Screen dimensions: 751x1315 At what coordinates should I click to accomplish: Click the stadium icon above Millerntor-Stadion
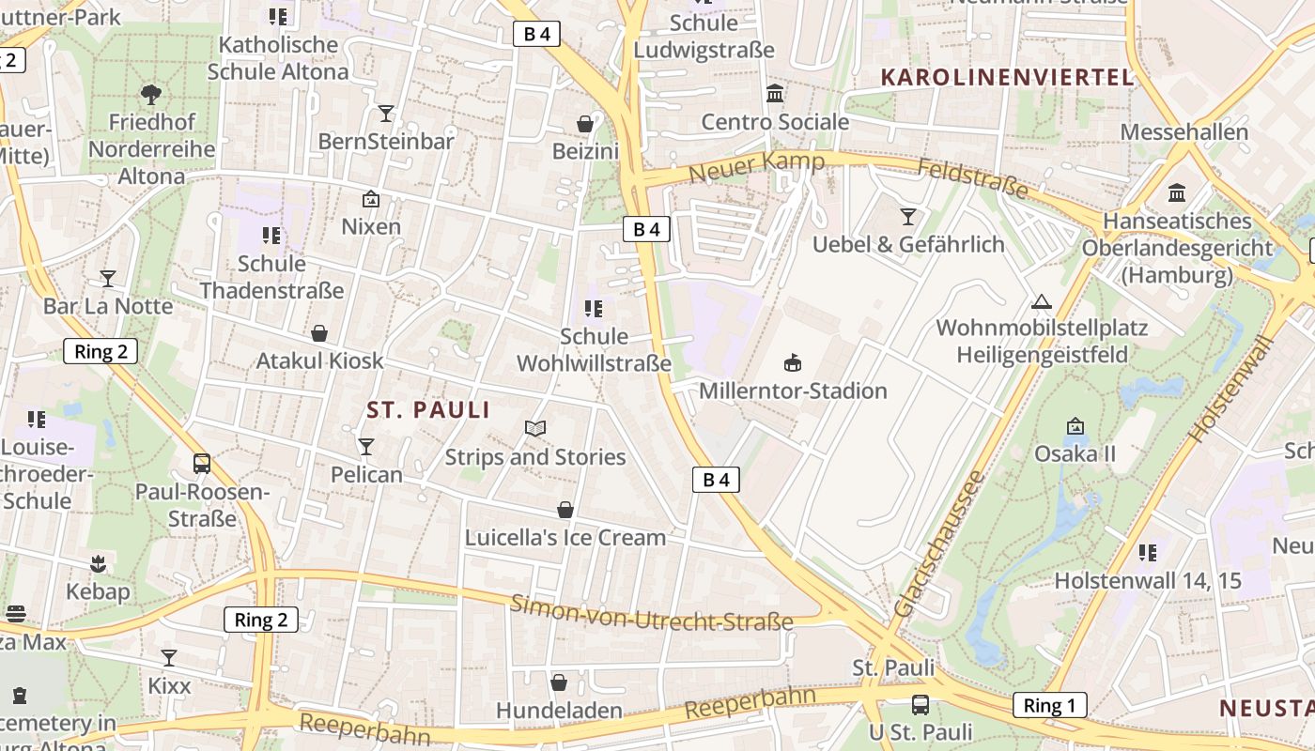(x=793, y=362)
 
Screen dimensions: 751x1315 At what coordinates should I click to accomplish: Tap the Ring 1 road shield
(x=1049, y=705)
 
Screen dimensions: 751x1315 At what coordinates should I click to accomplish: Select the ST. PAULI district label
(x=428, y=410)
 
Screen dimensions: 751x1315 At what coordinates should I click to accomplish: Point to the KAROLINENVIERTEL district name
(x=1007, y=77)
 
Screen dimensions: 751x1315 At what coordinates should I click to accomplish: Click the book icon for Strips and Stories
(x=535, y=429)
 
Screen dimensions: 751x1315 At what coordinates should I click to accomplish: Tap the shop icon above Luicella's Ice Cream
(x=565, y=510)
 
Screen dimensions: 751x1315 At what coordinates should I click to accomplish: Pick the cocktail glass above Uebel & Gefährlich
(x=907, y=217)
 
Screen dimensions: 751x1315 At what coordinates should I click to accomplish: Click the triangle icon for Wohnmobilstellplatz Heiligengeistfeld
(x=1041, y=301)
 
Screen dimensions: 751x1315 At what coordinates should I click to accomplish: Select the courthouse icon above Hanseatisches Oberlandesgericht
(x=1177, y=193)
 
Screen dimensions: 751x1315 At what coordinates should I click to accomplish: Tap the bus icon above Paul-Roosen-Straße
(x=202, y=463)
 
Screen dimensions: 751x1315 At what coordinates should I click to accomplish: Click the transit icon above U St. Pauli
(x=920, y=704)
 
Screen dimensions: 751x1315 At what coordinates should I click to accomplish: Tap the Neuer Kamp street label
(x=756, y=168)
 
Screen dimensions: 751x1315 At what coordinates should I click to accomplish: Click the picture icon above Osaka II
(x=1075, y=426)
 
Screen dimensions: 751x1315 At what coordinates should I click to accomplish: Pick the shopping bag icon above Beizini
(x=585, y=124)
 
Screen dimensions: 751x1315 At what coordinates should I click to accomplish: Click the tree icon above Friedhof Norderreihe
(x=150, y=94)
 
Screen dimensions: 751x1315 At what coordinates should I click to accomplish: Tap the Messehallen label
(x=1183, y=131)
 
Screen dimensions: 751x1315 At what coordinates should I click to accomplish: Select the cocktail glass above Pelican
(x=366, y=447)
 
